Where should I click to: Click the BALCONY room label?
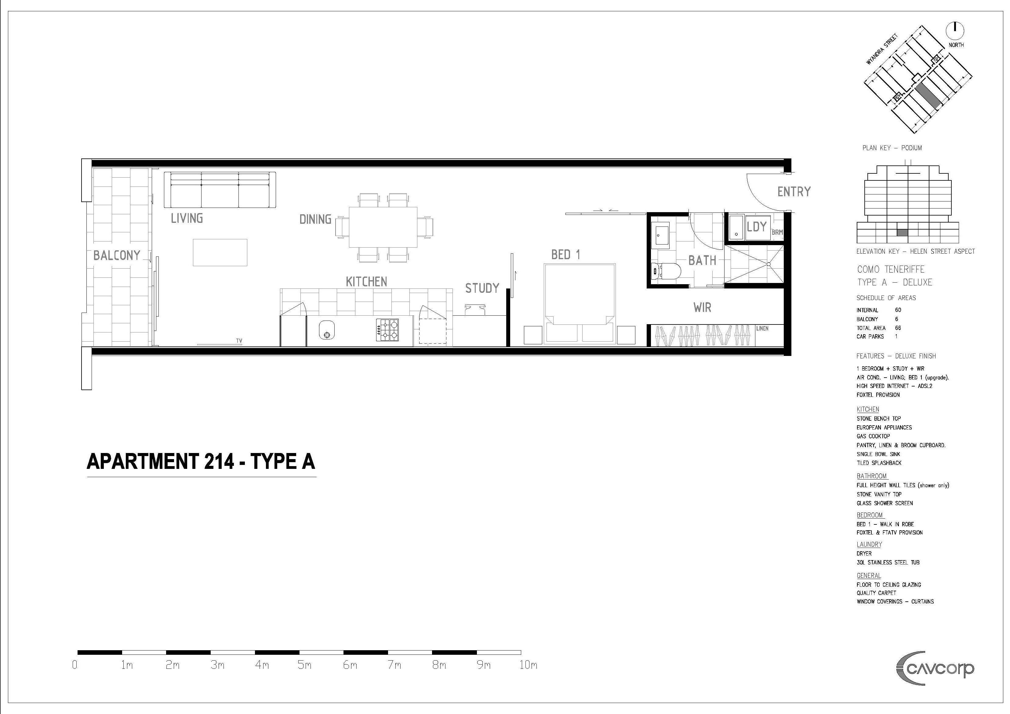click(x=117, y=256)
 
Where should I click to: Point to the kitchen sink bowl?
click(x=327, y=330)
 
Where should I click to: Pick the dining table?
click(x=383, y=227)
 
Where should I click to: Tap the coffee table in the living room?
click(x=220, y=252)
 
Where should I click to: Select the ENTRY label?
click(x=794, y=192)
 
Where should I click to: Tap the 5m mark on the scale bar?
click(x=304, y=665)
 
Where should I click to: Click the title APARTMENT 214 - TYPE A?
click(x=201, y=462)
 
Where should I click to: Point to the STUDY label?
click(x=482, y=288)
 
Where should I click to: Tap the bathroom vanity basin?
click(x=660, y=234)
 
